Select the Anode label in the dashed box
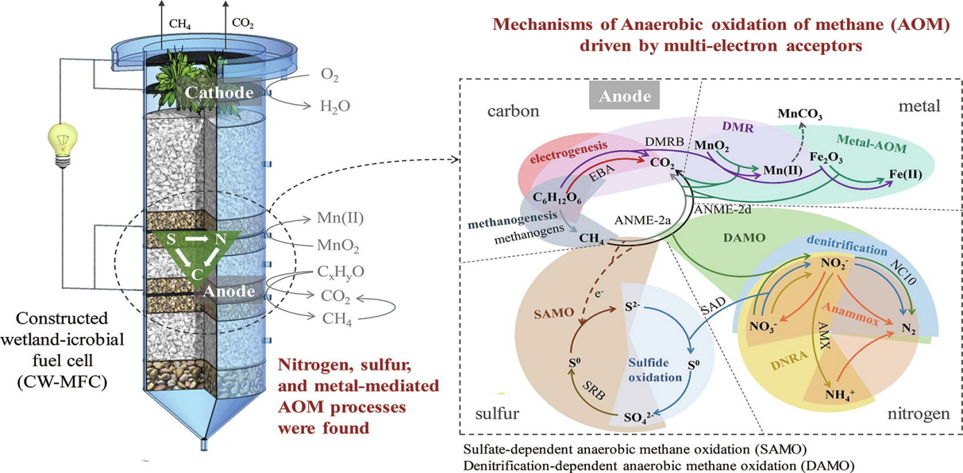[x=621, y=97]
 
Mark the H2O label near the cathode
[x=335, y=106]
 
